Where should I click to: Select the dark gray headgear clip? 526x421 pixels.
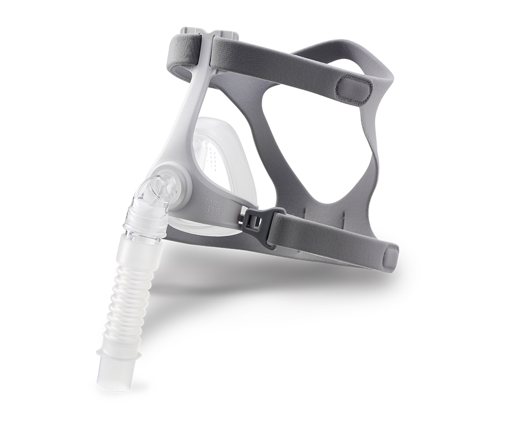[253, 219]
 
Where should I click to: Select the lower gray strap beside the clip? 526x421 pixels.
[326, 234]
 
